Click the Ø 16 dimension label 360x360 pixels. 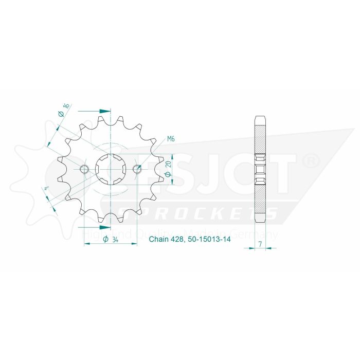[x=64, y=110]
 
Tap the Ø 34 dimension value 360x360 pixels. [x=112, y=239]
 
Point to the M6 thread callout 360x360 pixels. [x=171, y=139]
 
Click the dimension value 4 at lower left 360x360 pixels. [x=47, y=190]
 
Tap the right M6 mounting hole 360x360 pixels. [x=137, y=169]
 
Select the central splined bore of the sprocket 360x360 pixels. [x=111, y=169]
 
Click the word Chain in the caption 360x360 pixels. [x=158, y=240]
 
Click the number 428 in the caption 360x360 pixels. [x=178, y=240]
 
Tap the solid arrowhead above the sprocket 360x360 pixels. [x=105, y=111]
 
